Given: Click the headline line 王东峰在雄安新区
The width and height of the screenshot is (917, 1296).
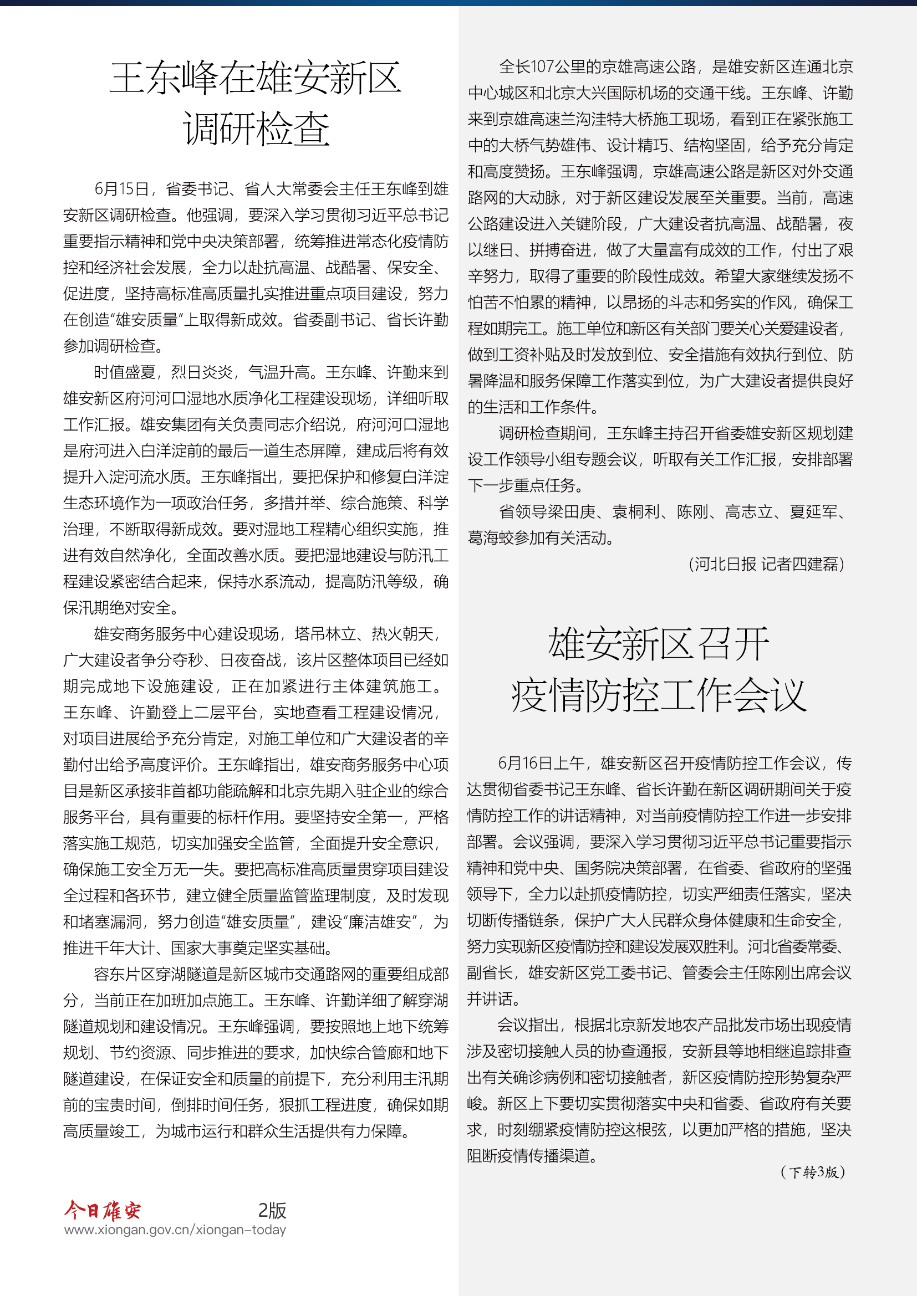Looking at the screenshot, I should pyautogui.click(x=255, y=79).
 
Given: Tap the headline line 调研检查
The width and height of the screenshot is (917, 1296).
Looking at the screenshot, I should pyautogui.click(x=256, y=129).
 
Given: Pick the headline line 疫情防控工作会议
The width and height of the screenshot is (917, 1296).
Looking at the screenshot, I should pyautogui.click(x=659, y=695).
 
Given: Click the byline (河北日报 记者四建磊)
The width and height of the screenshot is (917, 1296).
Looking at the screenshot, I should pyautogui.click(x=766, y=564).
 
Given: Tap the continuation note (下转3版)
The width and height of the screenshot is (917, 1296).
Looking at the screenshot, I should pyautogui.click(x=813, y=1172).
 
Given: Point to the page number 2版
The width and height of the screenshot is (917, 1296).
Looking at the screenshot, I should pyautogui.click(x=272, y=1210).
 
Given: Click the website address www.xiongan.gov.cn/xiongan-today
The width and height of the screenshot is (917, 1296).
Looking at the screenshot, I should pyautogui.click(x=175, y=1230).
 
